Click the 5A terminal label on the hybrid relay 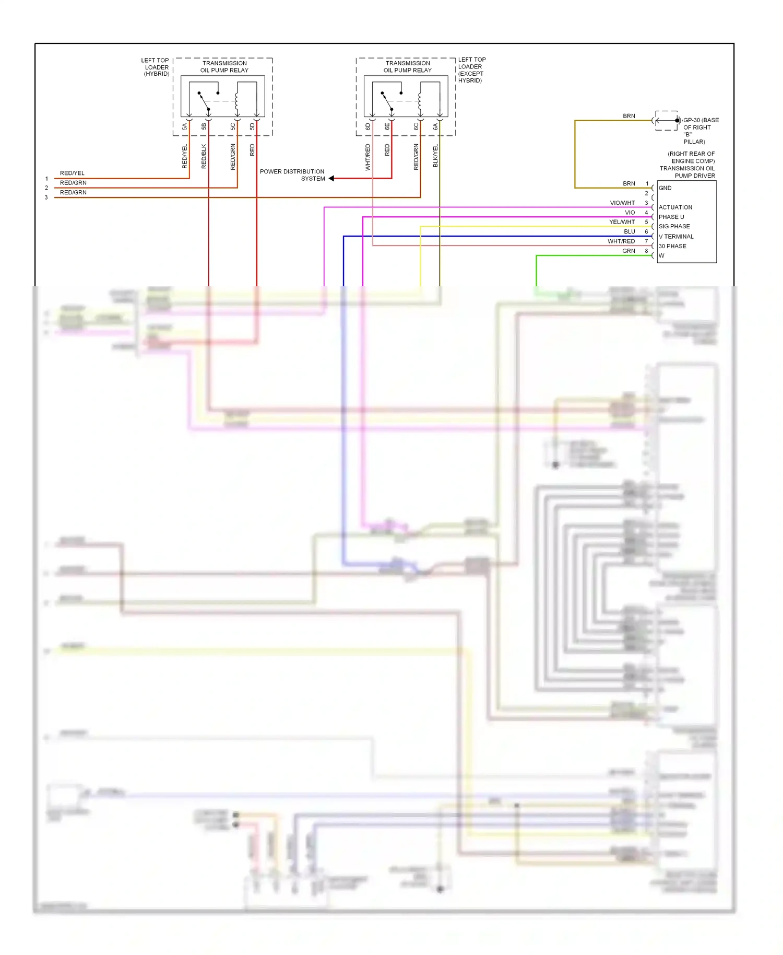point(184,126)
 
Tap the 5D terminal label point(252,126)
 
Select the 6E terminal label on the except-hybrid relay point(387,126)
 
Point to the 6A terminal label point(435,126)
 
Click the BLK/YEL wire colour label point(435,156)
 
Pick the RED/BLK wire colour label point(204,156)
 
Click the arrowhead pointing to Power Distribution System point(331,179)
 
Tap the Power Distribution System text point(292,175)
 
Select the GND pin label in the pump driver point(665,188)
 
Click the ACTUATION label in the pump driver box point(675,207)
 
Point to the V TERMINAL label point(676,237)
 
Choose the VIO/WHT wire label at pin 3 point(622,203)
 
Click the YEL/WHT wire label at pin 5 point(622,222)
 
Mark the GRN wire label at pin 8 point(628,251)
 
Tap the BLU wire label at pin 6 point(630,232)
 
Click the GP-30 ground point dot point(677,121)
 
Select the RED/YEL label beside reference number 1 point(72,173)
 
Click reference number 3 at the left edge point(46,197)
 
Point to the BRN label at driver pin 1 point(629,184)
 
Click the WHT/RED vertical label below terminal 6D point(367,157)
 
